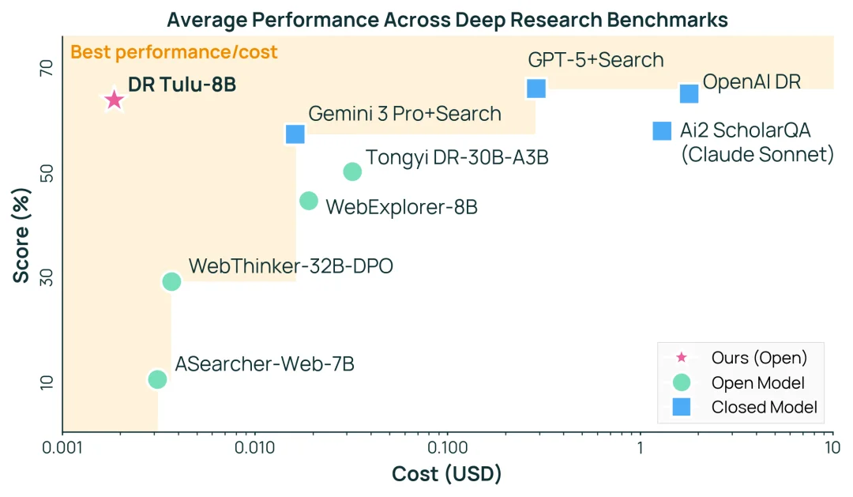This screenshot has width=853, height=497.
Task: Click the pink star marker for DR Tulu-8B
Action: (x=115, y=100)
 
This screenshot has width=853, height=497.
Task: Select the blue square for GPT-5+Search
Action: (x=536, y=88)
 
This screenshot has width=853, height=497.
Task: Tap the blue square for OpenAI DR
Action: (x=690, y=93)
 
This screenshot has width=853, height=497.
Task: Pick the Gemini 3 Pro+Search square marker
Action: (x=295, y=134)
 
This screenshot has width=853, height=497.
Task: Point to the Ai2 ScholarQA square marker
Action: (x=662, y=130)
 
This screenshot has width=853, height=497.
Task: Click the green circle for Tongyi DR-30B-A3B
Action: (x=352, y=171)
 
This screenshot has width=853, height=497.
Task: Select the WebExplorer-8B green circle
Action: (x=309, y=201)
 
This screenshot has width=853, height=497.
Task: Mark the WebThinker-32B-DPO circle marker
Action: (x=171, y=281)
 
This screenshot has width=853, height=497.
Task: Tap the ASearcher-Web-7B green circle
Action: (x=157, y=379)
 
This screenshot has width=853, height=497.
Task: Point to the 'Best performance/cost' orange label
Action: (x=174, y=53)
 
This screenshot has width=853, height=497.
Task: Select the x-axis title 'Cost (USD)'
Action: (x=446, y=474)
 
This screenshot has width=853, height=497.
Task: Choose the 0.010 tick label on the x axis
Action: (x=254, y=448)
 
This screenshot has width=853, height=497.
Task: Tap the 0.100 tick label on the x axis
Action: (x=447, y=448)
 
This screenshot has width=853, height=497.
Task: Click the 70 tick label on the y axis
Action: (x=46, y=69)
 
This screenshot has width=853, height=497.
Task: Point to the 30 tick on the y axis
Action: (x=46, y=277)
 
